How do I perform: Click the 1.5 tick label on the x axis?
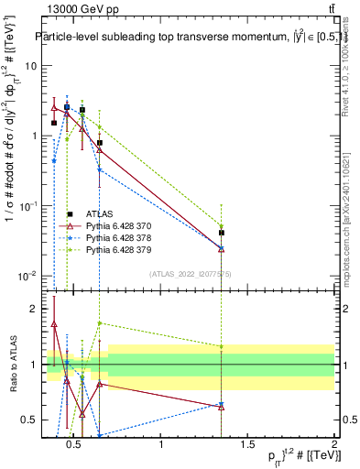[x=247, y=445]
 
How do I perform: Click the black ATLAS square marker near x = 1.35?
[x=222, y=233]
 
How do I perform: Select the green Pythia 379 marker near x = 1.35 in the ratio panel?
[x=222, y=346]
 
